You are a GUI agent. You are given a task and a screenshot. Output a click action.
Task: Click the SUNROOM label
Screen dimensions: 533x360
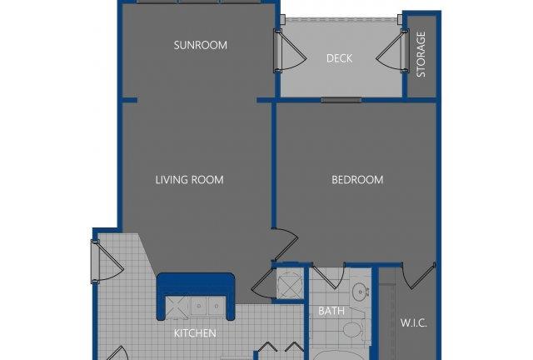[200, 45]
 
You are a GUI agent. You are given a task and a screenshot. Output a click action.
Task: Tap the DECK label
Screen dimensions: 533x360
[339, 58]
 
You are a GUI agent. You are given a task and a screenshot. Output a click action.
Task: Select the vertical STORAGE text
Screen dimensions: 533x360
[421, 54]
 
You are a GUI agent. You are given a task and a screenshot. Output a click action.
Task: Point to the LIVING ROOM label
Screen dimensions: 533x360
[189, 180]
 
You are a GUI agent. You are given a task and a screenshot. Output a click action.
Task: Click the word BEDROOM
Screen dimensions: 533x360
[357, 180]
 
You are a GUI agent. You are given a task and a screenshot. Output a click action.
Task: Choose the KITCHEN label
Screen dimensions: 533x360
[195, 333]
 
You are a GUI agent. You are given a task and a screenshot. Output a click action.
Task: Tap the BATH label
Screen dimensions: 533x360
[331, 311]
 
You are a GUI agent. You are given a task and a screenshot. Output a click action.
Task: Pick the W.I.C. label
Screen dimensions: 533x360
[413, 322]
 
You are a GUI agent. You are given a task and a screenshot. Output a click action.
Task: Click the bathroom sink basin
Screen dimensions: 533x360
[360, 292]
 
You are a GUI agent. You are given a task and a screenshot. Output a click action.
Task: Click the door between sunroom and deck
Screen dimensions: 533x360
[289, 51]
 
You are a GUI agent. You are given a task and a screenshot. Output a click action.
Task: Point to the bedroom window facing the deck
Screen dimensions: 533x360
[341, 100]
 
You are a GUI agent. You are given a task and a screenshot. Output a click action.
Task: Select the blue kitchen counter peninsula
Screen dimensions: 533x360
[196, 296]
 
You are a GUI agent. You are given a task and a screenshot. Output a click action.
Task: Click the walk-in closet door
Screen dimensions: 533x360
[418, 277]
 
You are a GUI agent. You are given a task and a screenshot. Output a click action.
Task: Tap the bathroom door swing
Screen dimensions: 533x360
[328, 277]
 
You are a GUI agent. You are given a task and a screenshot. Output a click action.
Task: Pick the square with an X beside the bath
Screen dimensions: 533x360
[290, 283]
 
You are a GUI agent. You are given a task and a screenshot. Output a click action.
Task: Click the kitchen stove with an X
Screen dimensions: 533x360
[177, 307]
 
